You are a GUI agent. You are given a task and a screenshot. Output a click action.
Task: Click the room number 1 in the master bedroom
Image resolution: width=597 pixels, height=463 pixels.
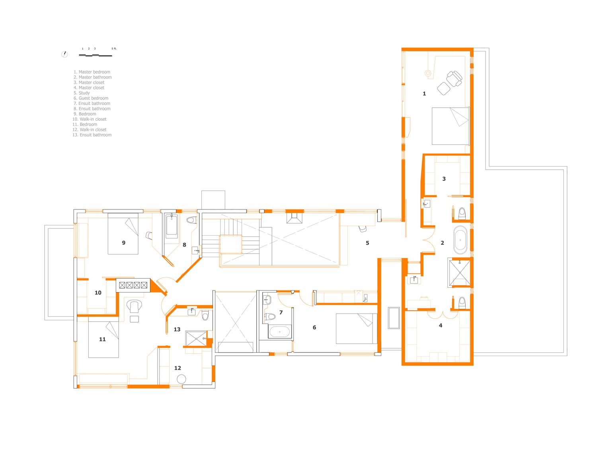[x=424, y=94]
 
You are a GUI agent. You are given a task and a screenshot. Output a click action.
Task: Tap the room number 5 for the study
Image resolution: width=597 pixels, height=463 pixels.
[x=367, y=243]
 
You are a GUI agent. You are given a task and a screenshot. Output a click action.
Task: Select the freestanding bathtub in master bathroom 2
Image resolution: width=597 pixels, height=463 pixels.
[x=460, y=240]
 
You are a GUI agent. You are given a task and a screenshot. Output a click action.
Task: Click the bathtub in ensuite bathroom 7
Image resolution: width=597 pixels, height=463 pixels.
[x=279, y=332]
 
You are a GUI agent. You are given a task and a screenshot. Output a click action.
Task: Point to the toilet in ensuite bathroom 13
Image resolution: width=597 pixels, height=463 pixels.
[x=205, y=315]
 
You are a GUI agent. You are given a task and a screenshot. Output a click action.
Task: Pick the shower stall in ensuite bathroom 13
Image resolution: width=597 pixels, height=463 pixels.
[x=196, y=339]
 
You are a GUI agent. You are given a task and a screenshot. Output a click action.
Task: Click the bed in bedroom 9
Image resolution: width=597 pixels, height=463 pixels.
[x=123, y=234]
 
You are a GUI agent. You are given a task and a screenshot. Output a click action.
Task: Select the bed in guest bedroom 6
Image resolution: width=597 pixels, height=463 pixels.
[x=356, y=329]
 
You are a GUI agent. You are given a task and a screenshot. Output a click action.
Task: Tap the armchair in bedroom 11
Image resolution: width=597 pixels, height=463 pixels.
[x=134, y=306]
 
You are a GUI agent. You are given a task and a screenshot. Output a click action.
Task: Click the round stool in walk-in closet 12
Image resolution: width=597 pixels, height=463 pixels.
[x=181, y=379]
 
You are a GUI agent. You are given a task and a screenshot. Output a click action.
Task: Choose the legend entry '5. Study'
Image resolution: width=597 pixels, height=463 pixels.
[x=82, y=93]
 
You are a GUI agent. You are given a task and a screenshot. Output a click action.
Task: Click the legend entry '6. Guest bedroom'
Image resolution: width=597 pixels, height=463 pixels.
[x=91, y=98]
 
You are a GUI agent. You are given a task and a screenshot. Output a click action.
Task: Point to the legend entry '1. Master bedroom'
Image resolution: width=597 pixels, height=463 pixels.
[x=92, y=72]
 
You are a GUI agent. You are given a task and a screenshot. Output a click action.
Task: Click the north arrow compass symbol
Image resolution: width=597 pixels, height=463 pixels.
[x=64, y=54]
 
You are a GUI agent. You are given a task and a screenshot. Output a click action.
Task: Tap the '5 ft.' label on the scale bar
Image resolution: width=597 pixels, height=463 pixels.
[x=114, y=48]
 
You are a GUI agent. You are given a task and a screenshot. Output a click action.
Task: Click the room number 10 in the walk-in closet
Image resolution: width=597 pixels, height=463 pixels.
[x=98, y=293]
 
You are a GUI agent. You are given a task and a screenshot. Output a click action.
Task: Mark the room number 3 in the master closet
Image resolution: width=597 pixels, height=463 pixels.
[x=444, y=179]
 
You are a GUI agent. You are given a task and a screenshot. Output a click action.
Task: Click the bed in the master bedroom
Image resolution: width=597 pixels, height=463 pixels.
[x=450, y=126]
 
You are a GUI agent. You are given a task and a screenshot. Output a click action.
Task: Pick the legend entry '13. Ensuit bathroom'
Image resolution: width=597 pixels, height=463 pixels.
[x=92, y=135]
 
